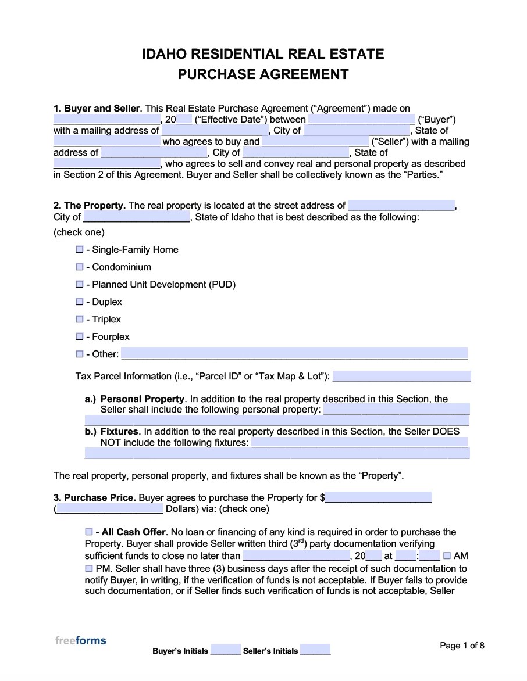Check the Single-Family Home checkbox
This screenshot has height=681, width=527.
pos(80,249)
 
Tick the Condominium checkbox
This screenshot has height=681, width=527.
pos(80,267)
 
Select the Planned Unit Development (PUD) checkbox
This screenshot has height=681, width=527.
pos(80,284)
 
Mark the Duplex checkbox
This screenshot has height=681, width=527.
pos(80,302)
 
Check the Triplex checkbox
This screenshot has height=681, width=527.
pos(80,319)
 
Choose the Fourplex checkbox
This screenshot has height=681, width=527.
pos(80,336)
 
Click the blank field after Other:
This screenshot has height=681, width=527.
pos(294,354)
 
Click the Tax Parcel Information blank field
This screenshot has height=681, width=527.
pos(401,376)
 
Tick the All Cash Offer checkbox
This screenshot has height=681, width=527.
pos(88,532)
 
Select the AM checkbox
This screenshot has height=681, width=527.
pos(447,555)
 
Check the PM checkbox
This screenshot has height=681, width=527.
pos(88,568)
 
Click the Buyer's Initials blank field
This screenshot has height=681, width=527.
pos(226,650)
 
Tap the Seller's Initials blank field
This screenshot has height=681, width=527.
pos(315,650)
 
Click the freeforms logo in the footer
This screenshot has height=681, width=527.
pos(81,640)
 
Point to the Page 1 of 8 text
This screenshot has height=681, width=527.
pos(462,646)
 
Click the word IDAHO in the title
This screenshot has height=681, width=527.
pos(164,54)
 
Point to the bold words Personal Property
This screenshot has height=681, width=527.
pos(143,399)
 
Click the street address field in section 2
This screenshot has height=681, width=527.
pos(401,205)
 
